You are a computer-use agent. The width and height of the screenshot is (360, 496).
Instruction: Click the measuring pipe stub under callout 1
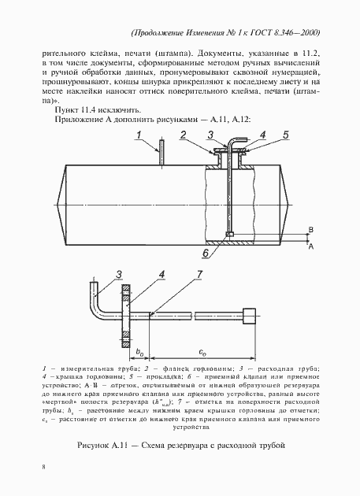click(160, 154)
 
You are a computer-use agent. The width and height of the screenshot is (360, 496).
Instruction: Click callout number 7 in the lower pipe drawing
click(199, 273)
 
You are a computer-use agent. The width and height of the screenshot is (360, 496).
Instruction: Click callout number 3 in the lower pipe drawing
click(119, 273)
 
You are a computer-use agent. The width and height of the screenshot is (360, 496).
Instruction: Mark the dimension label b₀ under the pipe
click(139, 350)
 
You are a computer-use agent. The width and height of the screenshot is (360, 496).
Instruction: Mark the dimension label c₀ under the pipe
click(202, 350)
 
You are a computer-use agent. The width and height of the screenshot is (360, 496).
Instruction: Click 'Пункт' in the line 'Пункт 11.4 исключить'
click(65, 112)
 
